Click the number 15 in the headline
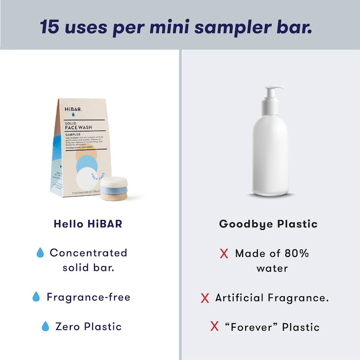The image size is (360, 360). [x=50, y=27]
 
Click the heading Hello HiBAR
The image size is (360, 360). [x=87, y=224]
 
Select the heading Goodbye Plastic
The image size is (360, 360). [x=268, y=224]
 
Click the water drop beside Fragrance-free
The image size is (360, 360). [x=36, y=297]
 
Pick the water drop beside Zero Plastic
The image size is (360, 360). [x=45, y=326]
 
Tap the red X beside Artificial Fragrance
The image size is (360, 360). [x=205, y=298]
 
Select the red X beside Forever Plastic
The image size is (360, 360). [x=214, y=326]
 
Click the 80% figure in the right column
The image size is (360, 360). [x=297, y=253]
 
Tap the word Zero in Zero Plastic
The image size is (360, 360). [x=66, y=326]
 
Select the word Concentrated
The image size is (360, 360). [x=89, y=253]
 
